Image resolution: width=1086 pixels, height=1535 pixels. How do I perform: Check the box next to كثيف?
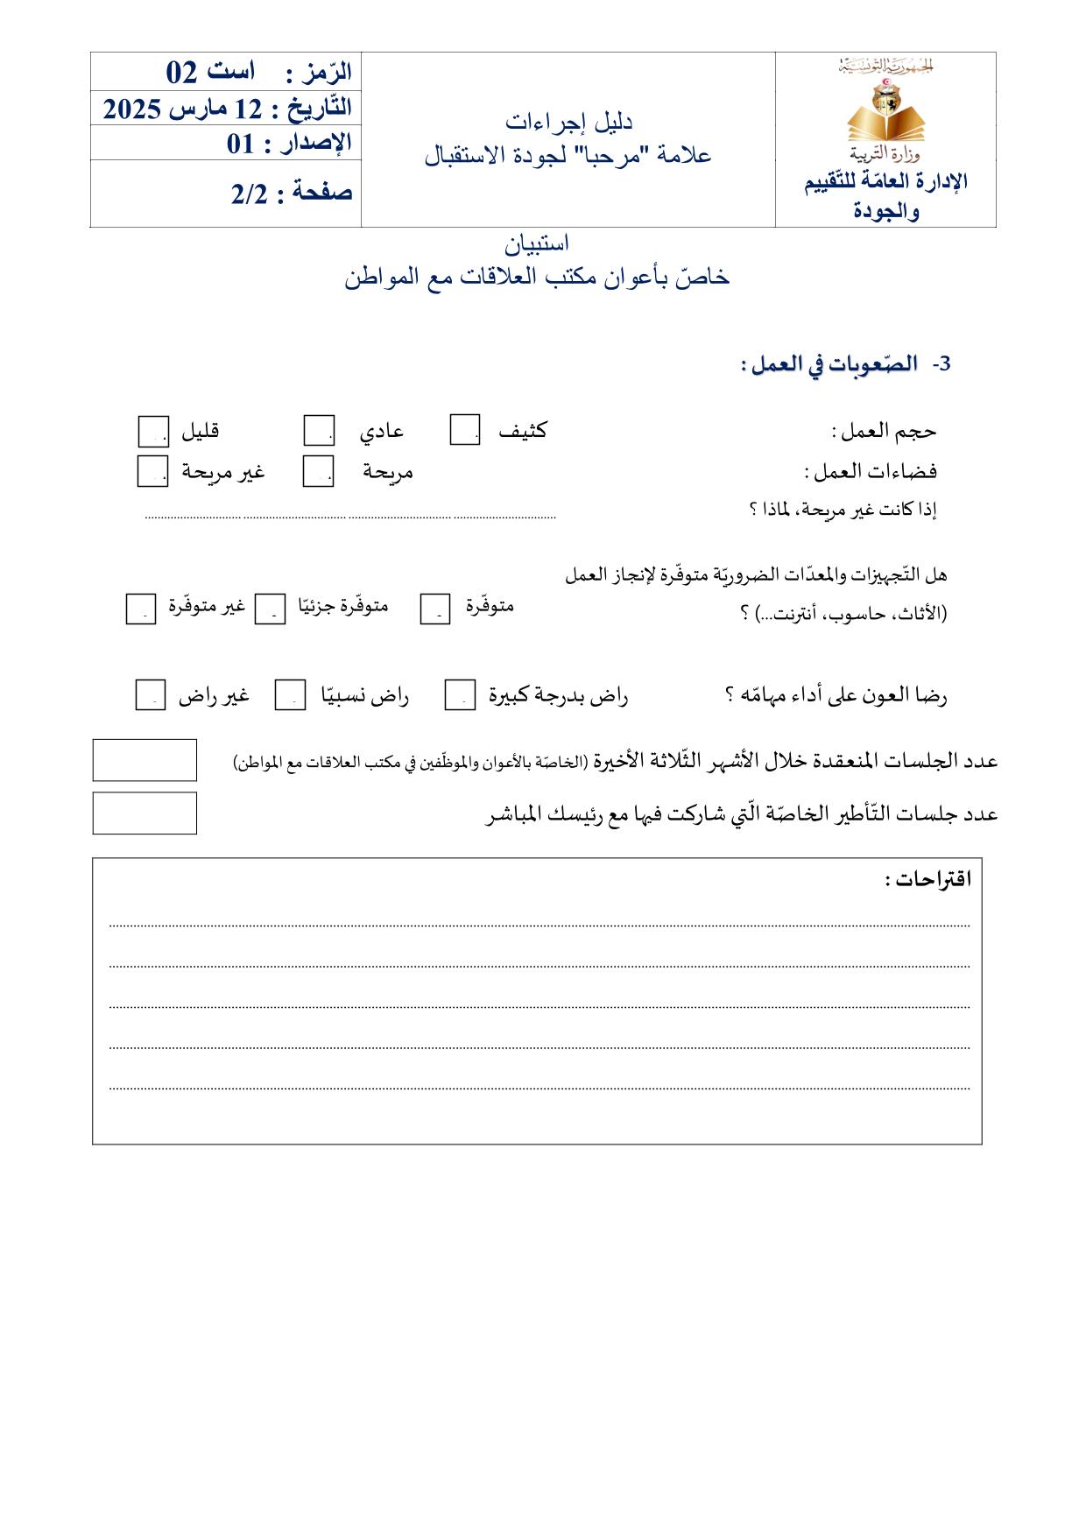[x=464, y=430]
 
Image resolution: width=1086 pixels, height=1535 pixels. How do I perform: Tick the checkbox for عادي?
[x=319, y=431]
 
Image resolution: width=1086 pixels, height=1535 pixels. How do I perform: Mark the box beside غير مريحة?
[x=152, y=472]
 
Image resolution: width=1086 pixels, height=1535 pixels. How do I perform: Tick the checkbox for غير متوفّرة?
[x=141, y=609]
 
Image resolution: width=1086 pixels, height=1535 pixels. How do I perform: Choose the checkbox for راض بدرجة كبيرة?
[x=460, y=695]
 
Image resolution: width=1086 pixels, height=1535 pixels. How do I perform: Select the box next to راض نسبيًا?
[x=290, y=696]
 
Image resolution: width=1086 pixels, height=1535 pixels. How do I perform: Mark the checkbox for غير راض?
[x=151, y=696]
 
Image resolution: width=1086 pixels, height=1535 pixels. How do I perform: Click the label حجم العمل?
[x=884, y=431]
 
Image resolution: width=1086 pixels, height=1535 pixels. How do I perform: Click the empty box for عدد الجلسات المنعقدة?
[x=145, y=760]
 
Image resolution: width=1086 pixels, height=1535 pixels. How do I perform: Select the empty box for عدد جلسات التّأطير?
[x=145, y=813]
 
